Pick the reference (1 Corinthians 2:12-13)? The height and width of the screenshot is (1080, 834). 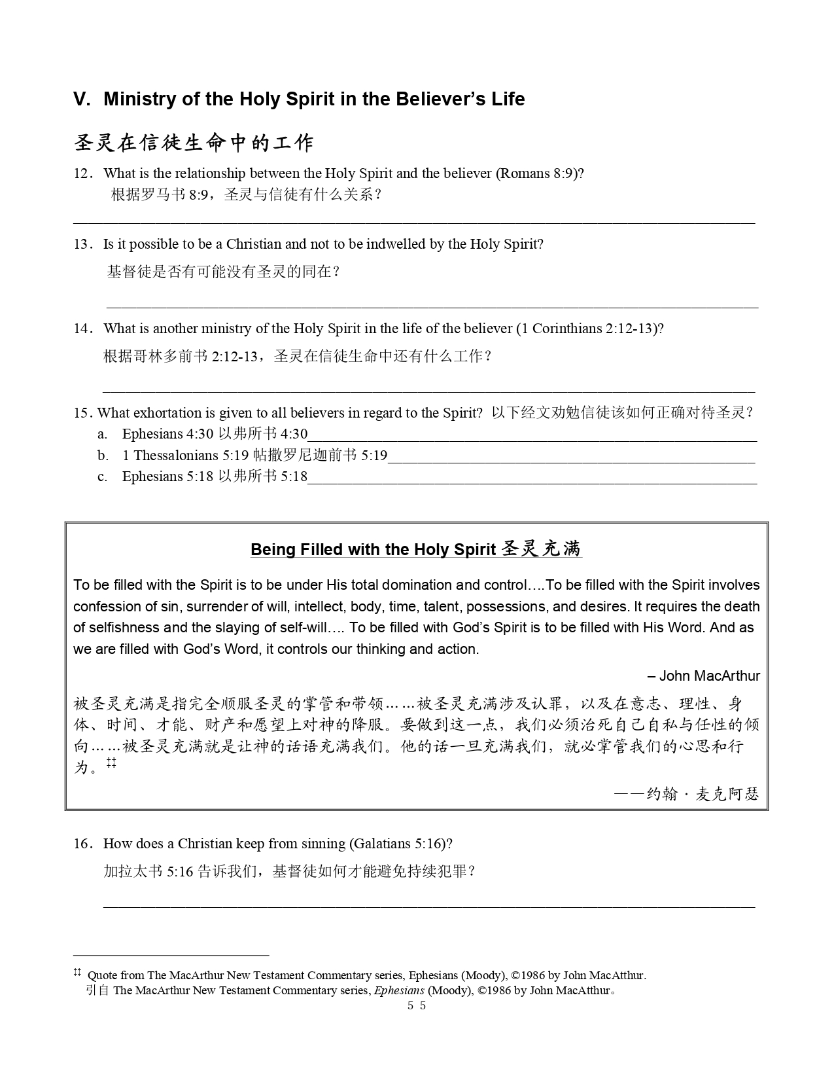[590, 329]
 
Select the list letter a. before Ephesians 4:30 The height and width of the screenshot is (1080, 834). [102, 434]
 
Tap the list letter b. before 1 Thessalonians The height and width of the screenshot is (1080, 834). [103, 456]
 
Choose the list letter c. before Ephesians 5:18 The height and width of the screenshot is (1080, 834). [102, 477]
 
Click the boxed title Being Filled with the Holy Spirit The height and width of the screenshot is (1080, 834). [373, 549]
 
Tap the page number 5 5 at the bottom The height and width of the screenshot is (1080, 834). [417, 1006]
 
